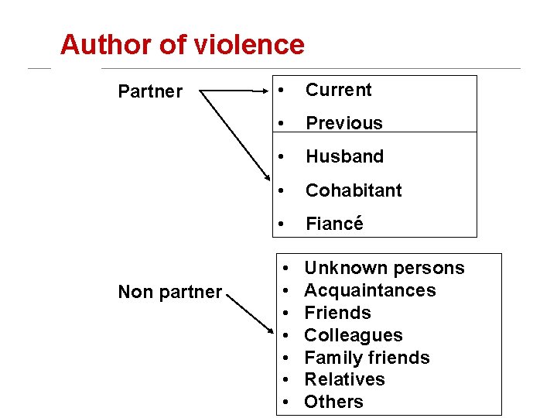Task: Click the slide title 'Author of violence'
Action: tap(182, 45)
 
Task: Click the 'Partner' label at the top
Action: tap(150, 91)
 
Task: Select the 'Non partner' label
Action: tap(169, 292)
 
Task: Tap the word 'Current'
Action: tap(338, 90)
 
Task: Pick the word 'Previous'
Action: tap(343, 123)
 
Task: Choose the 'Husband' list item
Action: tap(344, 156)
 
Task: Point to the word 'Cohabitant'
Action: tap(354, 190)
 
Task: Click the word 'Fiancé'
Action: tap(334, 224)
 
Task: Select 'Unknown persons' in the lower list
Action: tap(384, 269)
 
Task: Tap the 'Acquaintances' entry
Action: tap(370, 290)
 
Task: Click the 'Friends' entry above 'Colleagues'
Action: tap(337, 313)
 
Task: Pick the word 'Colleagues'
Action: tap(353, 335)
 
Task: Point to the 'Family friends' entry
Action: tap(367, 358)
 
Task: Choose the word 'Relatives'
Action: tap(344, 379)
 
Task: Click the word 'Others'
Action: tap(333, 402)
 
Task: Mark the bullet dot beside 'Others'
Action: tap(286, 403)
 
